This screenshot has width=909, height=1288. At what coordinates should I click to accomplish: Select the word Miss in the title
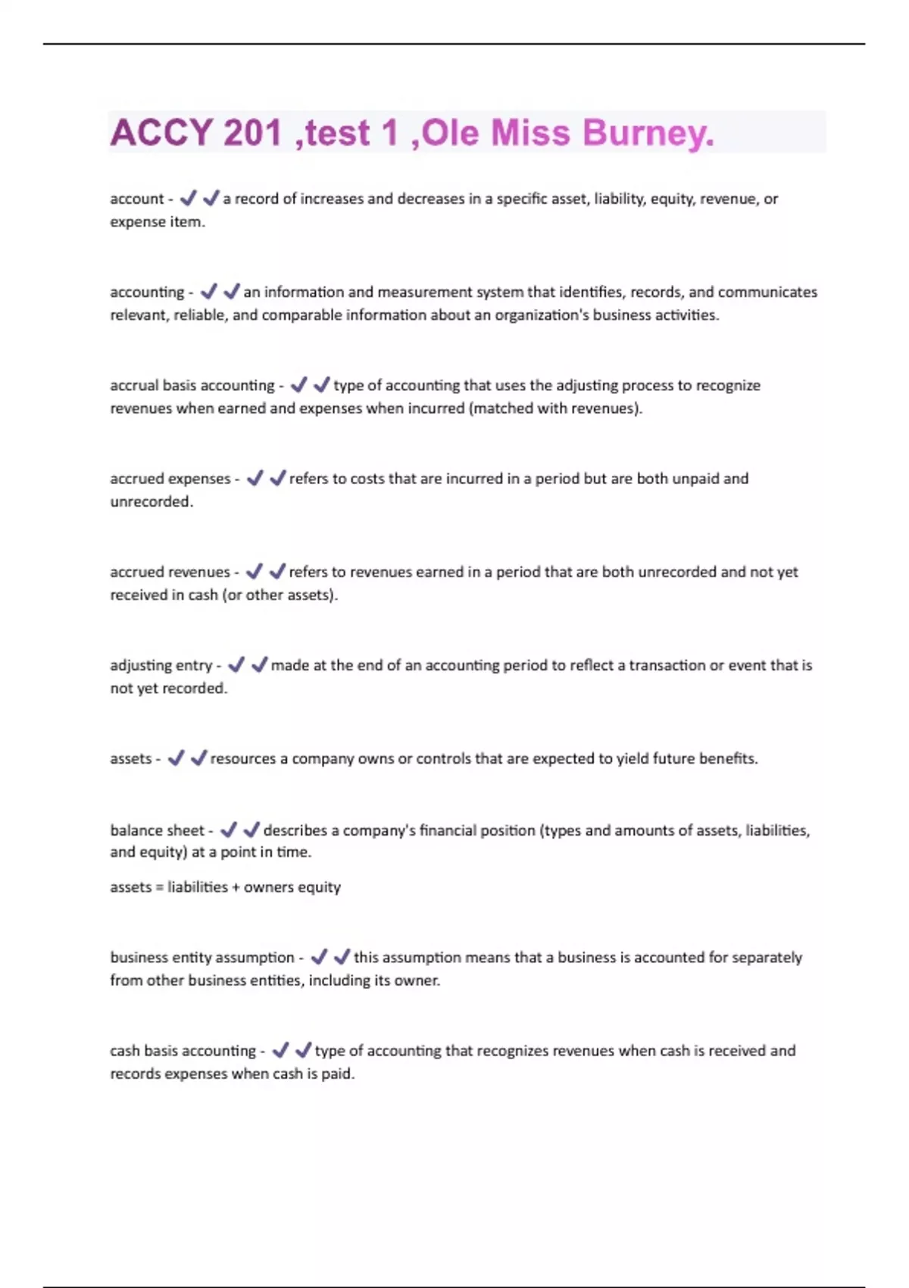pos(530,133)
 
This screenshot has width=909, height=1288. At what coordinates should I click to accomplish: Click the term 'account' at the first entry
pos(136,199)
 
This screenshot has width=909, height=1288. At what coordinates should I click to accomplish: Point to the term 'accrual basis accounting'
pos(192,386)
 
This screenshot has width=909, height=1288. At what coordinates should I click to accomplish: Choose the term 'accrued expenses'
pos(170,479)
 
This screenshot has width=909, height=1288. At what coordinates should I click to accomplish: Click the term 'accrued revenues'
pos(170,572)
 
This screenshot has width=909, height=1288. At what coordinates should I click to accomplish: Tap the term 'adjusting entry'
pos(161,665)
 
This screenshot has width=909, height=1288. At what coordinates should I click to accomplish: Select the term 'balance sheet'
pos(158,830)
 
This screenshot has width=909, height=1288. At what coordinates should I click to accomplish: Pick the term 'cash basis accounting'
pos(183,1051)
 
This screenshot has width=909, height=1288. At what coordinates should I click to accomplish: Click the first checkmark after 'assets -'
pos(176,758)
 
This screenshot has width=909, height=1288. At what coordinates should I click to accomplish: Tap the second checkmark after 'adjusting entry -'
pos(259,664)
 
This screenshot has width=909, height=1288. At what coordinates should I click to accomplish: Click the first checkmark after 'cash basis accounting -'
pos(280,1050)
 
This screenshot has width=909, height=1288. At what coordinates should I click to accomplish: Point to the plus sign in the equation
pos(236,887)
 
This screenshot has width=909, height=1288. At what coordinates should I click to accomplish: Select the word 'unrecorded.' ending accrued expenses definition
pos(151,502)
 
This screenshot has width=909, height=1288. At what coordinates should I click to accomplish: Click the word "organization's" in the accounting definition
pos(542,315)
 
